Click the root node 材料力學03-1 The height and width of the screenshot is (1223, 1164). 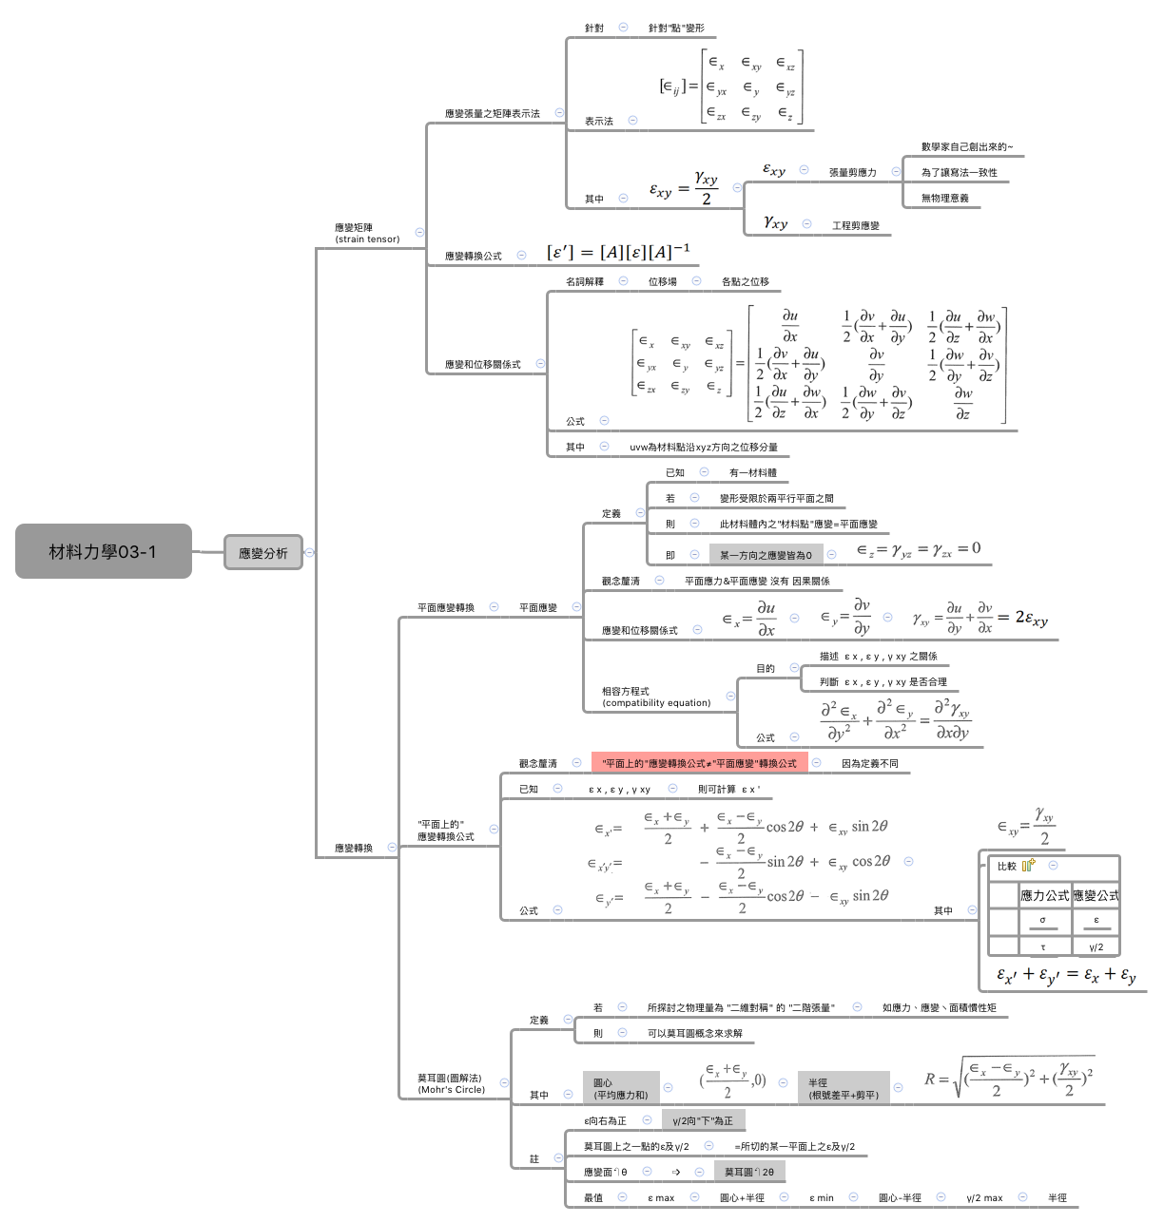click(x=103, y=551)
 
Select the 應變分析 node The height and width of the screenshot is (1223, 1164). click(x=262, y=552)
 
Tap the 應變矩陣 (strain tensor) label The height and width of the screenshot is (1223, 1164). click(x=367, y=233)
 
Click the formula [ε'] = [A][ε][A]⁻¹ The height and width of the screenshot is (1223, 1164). click(x=618, y=252)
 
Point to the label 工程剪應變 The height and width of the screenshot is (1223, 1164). click(x=855, y=225)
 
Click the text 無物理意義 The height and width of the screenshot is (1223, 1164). click(x=944, y=198)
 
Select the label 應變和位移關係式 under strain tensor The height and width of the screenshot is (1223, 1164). click(x=482, y=364)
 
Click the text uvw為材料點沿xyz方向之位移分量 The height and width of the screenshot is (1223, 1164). click(x=703, y=447)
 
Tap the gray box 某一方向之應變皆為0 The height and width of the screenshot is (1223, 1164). click(x=766, y=555)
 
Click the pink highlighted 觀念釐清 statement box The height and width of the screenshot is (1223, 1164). click(x=699, y=763)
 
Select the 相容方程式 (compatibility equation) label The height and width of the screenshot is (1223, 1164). click(x=656, y=697)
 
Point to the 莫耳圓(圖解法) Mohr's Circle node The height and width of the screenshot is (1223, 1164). click(x=451, y=1083)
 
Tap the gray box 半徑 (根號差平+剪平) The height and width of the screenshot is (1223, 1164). click(x=843, y=1088)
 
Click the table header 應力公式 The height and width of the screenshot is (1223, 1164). click(x=1044, y=895)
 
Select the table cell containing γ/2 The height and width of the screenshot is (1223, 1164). click(x=1096, y=946)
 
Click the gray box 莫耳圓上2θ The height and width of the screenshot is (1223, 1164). click(x=748, y=1172)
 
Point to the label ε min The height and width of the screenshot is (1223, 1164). click(x=821, y=1197)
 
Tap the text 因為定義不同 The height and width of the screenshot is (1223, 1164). click(x=869, y=763)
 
